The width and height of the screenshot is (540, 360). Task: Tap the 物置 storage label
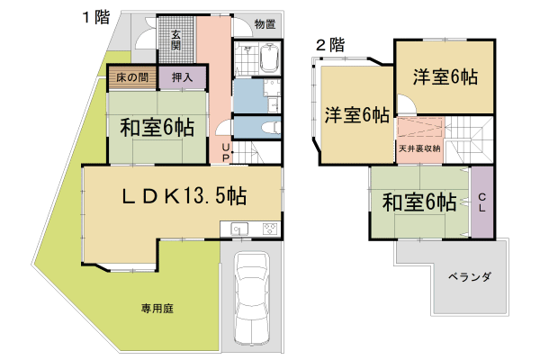coord(263,24)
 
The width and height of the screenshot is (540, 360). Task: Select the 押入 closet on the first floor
coord(181,77)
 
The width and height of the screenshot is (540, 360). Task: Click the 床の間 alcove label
coord(132,77)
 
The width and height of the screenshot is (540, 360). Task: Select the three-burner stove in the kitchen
coord(269,229)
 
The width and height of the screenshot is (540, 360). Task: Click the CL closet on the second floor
coord(481,201)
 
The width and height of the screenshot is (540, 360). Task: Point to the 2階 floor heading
coord(330,43)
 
